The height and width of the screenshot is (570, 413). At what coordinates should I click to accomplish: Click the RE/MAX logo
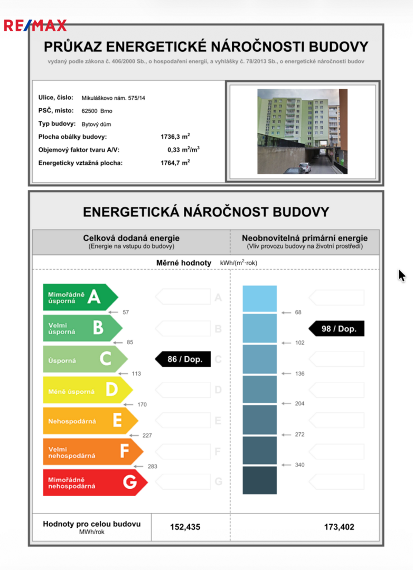coord(35,25)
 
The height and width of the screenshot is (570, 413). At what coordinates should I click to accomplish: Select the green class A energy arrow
coord(79,297)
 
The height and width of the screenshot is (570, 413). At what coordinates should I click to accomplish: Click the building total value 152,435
coord(185,527)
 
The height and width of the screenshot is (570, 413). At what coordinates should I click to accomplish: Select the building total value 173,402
coord(339,527)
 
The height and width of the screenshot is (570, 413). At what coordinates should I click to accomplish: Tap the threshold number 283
coord(152,467)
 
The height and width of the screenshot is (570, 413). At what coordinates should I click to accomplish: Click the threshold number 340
coord(299,465)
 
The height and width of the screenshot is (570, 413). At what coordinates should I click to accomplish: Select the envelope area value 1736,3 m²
coord(175,137)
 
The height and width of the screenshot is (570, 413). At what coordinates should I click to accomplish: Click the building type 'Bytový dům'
coord(96,124)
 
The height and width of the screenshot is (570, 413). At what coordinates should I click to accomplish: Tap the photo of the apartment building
coord(302,131)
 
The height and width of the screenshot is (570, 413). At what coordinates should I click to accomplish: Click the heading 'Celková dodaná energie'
coord(131,238)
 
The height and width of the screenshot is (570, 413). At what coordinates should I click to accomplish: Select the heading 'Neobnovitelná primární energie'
coord(305,238)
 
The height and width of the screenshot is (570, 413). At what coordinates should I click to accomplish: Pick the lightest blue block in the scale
coord(259,299)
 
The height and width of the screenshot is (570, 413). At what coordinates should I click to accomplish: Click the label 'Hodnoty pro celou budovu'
coord(91,524)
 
